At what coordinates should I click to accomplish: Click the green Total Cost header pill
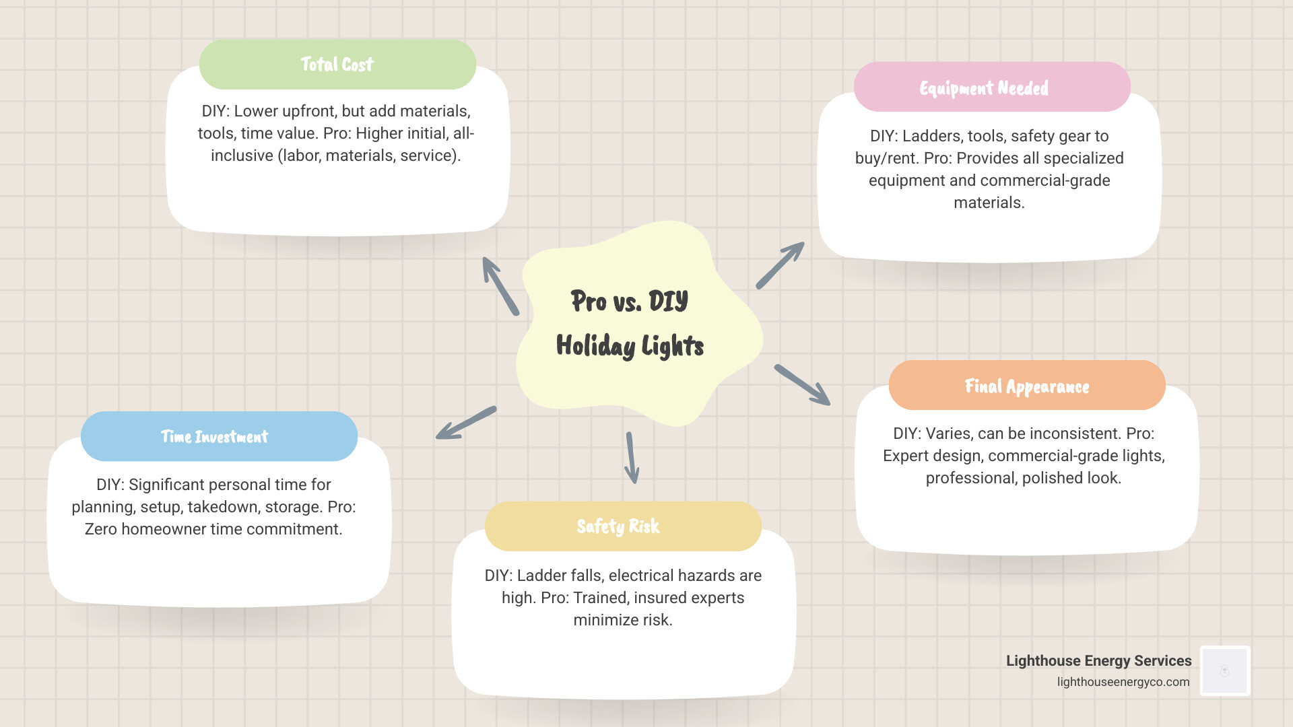pos(337,65)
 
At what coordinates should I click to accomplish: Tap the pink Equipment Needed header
pos(991,88)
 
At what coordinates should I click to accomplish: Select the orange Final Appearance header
pos(1026,386)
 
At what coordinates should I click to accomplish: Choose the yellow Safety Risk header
pos(622,526)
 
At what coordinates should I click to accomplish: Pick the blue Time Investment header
pos(219,436)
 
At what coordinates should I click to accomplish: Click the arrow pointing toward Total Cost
pos(500,285)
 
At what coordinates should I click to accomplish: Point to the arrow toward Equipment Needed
pos(780,266)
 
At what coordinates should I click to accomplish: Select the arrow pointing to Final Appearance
pos(802,385)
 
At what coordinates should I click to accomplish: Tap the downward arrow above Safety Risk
pos(632,458)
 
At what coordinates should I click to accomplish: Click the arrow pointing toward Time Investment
pos(466,423)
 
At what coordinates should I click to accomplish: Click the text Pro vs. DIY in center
pos(629,301)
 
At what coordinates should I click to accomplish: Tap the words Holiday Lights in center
pos(629,346)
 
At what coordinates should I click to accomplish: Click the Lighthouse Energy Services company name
pos(1098,661)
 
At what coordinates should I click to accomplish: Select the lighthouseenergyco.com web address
pos(1123,682)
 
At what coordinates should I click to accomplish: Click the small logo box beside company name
pos(1225,670)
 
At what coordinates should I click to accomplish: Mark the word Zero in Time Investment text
pos(101,529)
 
